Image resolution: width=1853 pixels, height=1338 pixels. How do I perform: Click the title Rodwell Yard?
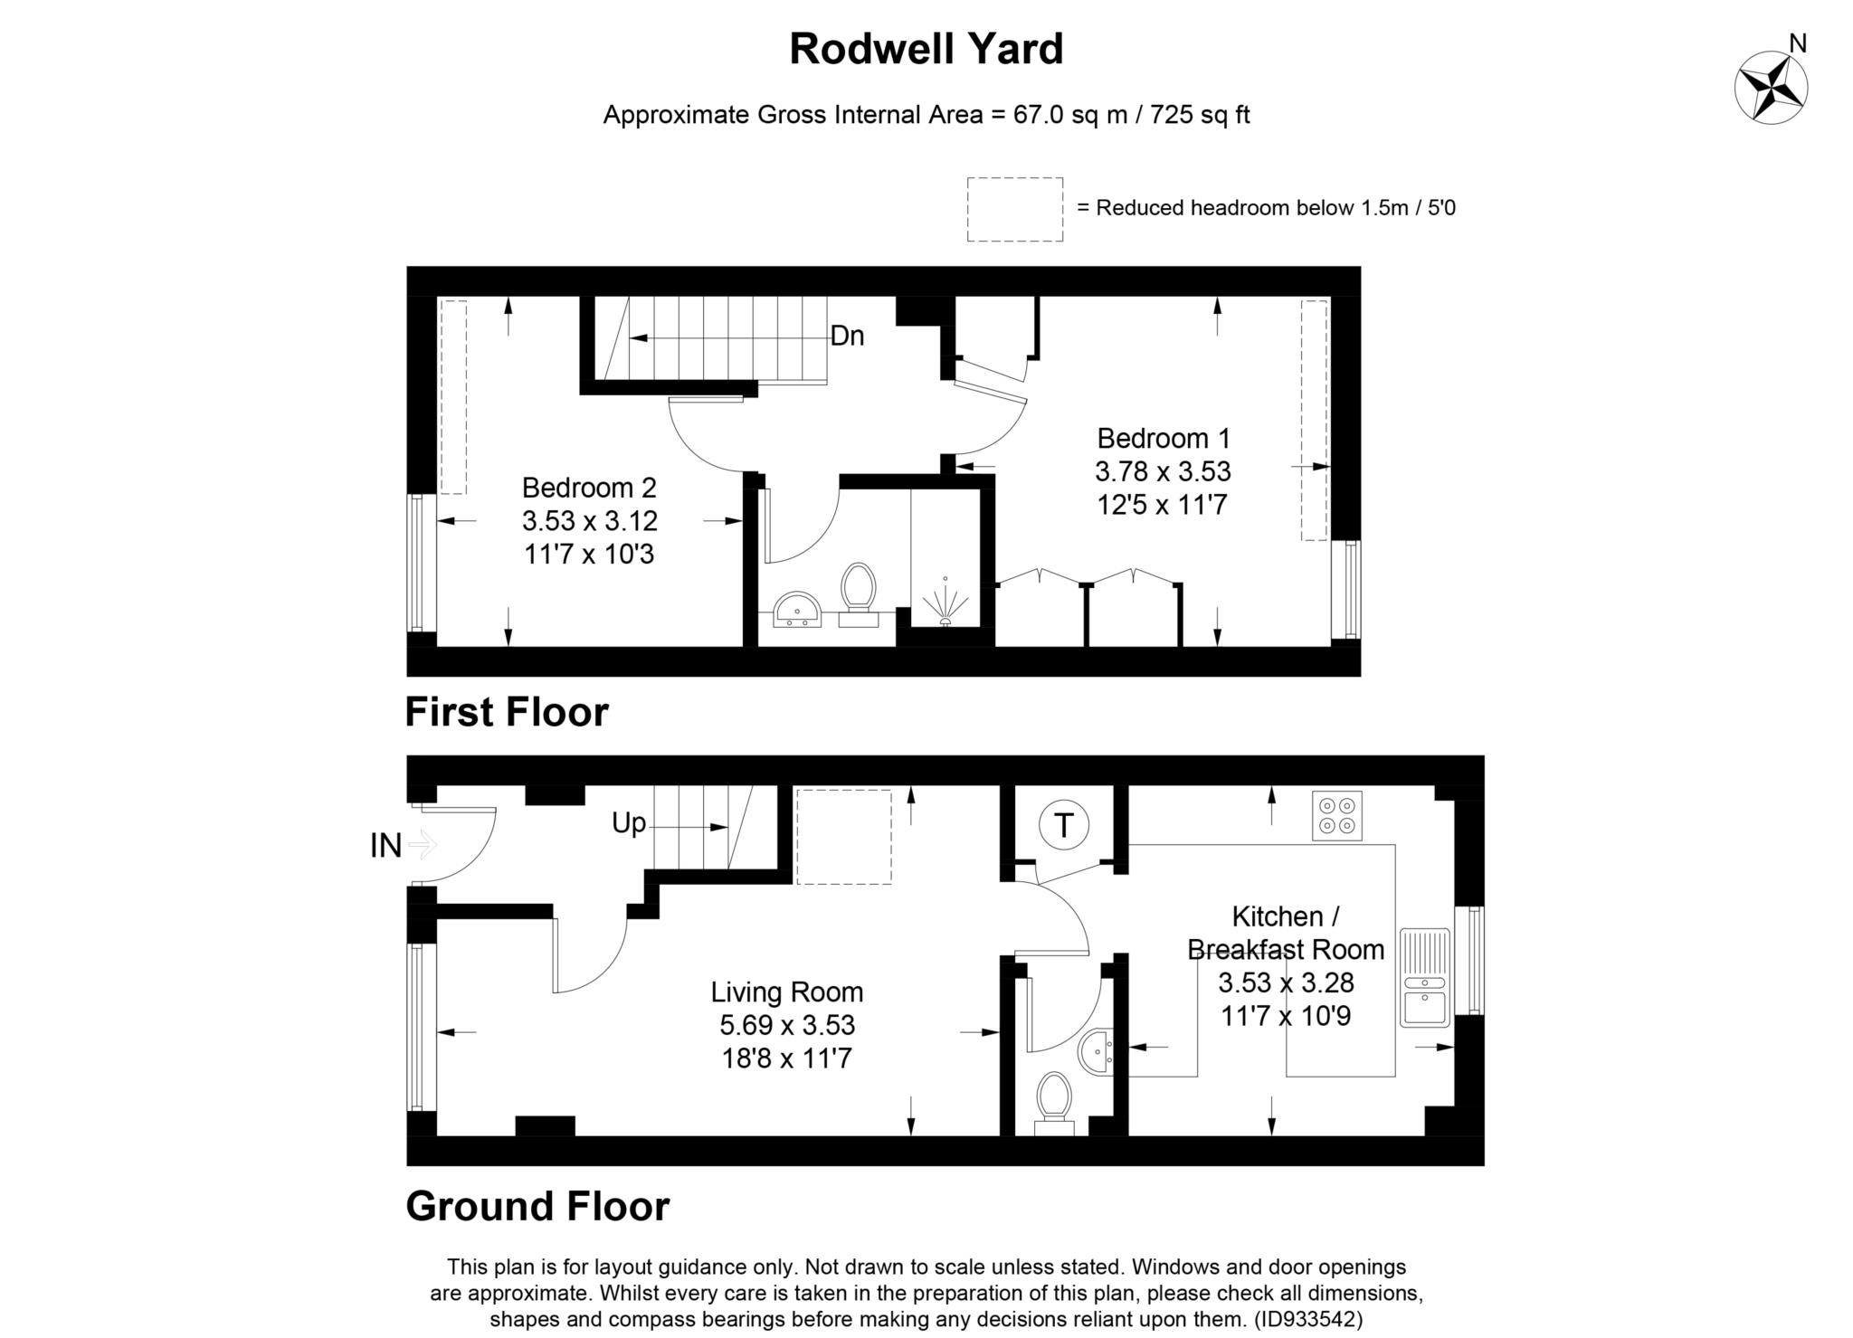point(926,49)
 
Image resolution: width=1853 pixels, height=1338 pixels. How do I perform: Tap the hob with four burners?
point(1336,816)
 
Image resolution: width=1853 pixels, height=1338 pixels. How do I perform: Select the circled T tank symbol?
point(1063,825)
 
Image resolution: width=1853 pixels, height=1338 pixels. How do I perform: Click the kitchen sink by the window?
point(1424,978)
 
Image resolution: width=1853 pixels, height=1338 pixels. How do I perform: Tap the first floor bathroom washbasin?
point(797,609)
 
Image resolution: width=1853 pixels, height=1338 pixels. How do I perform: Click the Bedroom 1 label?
point(1164,439)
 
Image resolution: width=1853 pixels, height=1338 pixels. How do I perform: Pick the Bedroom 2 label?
point(589,489)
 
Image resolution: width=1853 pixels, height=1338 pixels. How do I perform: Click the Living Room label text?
point(786,992)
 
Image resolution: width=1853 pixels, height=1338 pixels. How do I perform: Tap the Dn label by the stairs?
point(847,337)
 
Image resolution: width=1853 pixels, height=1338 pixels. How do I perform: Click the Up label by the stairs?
point(629,823)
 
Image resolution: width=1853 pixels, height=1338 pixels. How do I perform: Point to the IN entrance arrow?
point(422,846)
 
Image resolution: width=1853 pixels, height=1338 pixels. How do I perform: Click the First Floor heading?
point(507,712)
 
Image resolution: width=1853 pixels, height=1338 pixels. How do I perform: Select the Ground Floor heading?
point(537,1206)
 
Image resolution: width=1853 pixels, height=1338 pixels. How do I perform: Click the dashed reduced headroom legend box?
point(1014,209)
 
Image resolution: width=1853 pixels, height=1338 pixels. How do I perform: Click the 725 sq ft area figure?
point(1200,115)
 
